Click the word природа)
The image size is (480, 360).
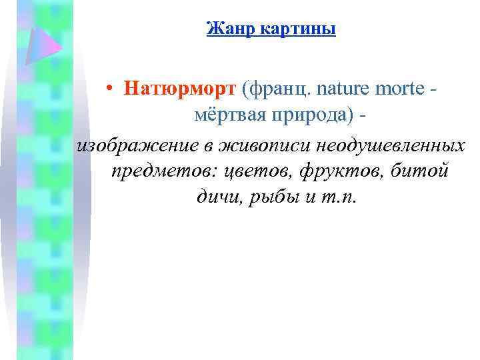coord(310,115)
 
